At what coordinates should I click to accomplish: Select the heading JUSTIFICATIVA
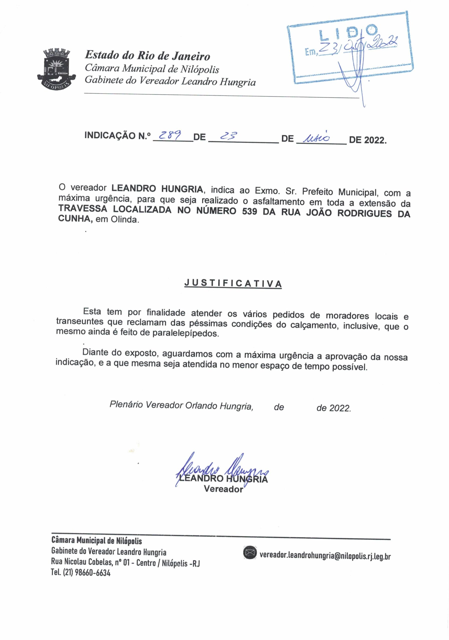pyautogui.click(x=233, y=283)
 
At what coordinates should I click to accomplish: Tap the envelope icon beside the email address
pyautogui.click(x=250, y=552)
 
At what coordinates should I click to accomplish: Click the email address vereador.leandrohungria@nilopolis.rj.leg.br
pyautogui.click(x=325, y=555)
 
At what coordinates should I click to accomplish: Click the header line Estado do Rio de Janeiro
pyautogui.click(x=147, y=55)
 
